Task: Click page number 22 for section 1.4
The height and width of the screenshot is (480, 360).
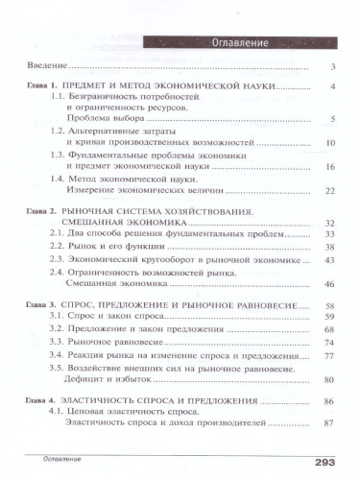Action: click(x=328, y=191)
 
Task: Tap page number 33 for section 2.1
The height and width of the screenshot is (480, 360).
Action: click(x=328, y=234)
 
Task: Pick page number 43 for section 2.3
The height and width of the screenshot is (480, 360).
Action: click(x=328, y=260)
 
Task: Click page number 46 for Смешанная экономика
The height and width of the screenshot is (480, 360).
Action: click(x=328, y=284)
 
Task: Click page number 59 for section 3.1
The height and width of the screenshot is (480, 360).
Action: click(x=328, y=317)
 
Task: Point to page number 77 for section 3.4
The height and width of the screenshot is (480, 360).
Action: click(x=328, y=356)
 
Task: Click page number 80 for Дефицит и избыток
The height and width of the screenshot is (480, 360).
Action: click(x=328, y=380)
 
